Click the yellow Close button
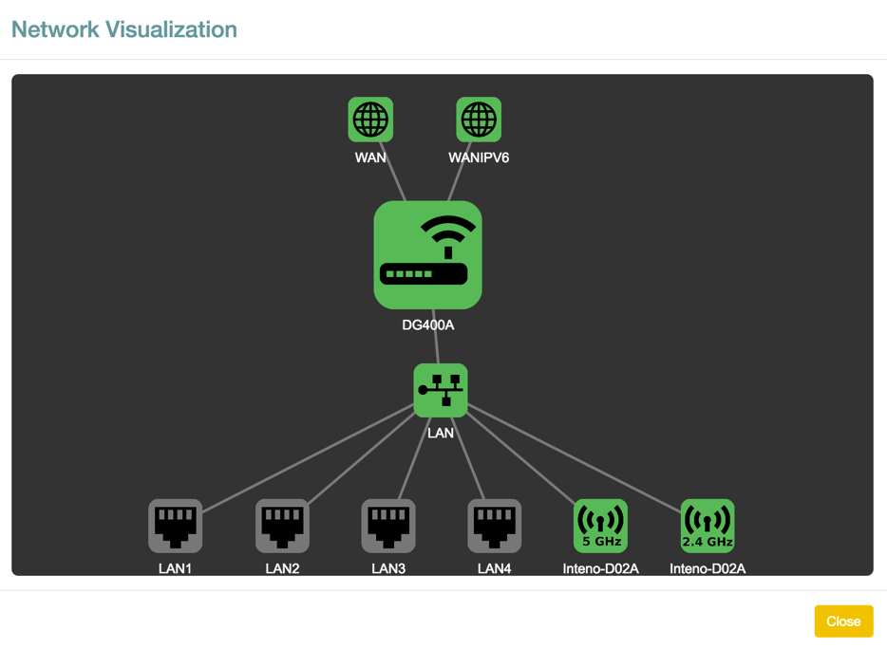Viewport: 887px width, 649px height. point(842,621)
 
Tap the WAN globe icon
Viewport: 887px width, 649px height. point(370,120)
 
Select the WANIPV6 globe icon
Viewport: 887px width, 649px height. point(479,120)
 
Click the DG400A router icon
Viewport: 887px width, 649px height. point(427,254)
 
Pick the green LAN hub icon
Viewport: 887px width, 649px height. point(441,390)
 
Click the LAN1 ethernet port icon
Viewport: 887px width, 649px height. point(176,526)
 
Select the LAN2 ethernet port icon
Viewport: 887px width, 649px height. point(282,526)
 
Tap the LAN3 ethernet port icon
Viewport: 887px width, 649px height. point(388,526)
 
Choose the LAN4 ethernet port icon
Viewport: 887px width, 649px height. point(495,526)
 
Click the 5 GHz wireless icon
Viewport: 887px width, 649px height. point(600,526)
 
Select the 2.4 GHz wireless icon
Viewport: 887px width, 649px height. point(708,526)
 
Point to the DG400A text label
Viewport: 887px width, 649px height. point(427,325)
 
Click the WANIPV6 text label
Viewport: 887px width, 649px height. point(479,158)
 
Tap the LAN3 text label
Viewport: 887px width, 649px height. point(388,569)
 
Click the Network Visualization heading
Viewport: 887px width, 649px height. point(124,29)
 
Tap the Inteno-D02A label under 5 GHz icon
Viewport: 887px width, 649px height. point(600,569)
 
